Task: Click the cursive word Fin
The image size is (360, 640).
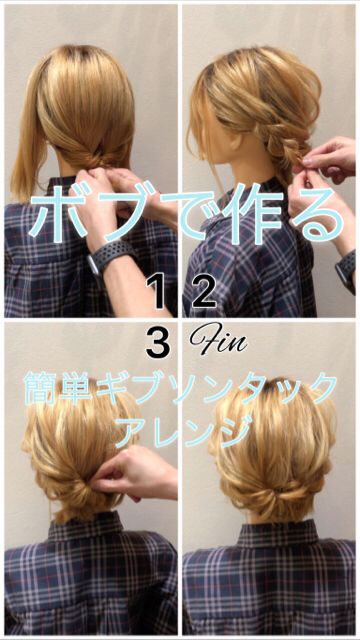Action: (x=218, y=339)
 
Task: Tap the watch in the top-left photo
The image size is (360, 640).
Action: (x=109, y=257)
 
